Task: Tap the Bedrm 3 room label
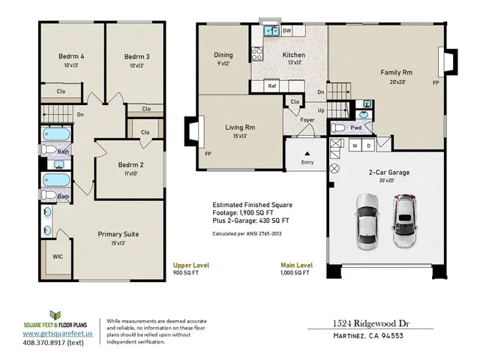[136, 56]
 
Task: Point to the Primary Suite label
[118, 234]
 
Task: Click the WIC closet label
[58, 256]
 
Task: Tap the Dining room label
[223, 55]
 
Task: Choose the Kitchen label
[294, 55]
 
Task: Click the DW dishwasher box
[287, 31]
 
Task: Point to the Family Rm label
[397, 73]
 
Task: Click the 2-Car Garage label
[388, 172]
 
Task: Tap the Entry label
[307, 162]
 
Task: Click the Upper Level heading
[191, 265]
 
